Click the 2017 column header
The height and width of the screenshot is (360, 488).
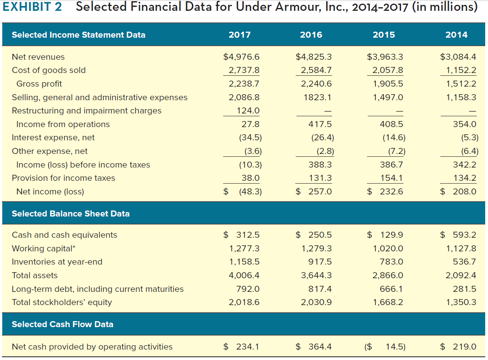[240, 35]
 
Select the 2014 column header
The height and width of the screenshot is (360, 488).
[456, 35]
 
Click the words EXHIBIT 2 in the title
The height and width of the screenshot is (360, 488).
[32, 7]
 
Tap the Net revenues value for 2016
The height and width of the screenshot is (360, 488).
[313, 57]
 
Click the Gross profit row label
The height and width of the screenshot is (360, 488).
[39, 84]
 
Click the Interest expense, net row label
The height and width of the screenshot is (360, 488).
[53, 138]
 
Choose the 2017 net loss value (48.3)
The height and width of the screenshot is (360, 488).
[250, 192]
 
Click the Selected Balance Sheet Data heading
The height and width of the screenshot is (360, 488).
[71, 214]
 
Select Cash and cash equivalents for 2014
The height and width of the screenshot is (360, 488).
[464, 235]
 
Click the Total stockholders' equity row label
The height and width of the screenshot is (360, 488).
[62, 302]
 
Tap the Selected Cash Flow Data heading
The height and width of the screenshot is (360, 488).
[63, 324]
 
